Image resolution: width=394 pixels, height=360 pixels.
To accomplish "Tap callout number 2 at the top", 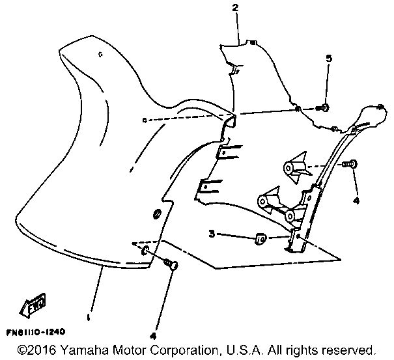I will point(234,8).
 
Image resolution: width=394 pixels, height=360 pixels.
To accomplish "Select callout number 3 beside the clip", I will point(211,233).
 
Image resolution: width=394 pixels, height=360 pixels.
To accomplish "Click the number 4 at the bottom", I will point(154,336).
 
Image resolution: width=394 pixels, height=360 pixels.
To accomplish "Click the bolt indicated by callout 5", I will point(324,106).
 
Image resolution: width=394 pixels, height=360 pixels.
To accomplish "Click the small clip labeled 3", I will point(259,238).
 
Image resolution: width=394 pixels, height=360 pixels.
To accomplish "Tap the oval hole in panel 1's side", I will point(156,215).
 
